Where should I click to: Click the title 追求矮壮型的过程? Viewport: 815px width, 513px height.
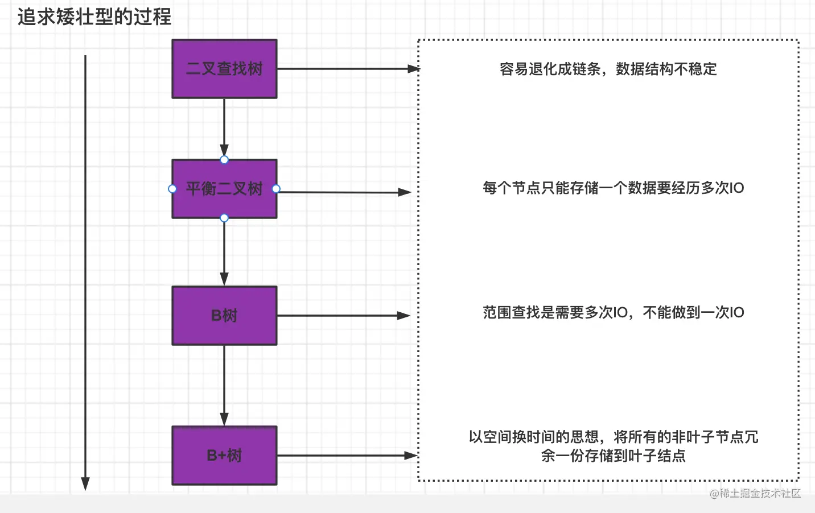coord(94,17)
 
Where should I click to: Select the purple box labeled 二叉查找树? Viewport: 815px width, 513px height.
coord(224,69)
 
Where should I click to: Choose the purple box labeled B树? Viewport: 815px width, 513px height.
coord(224,316)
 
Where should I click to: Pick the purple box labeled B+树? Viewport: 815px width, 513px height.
coord(224,456)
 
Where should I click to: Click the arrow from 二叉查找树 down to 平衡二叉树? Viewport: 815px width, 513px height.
coord(224,128)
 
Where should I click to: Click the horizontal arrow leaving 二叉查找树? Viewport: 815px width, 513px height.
coord(347,69)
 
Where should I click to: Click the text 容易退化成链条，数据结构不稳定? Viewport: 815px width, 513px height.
coord(608,69)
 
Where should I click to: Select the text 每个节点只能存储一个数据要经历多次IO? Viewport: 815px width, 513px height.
coord(613,188)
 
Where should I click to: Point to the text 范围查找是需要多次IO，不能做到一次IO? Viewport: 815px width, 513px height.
coord(613,313)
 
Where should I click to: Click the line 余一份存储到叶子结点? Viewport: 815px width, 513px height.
coord(613,456)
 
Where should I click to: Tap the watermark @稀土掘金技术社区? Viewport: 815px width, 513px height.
coord(755,494)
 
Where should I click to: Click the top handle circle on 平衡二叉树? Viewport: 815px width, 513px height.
coord(224,160)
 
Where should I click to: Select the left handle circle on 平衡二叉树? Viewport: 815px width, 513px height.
coord(172,189)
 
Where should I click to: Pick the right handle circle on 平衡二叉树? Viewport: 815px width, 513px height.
coord(276,189)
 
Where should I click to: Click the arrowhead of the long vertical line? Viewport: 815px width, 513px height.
coord(85,483)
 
